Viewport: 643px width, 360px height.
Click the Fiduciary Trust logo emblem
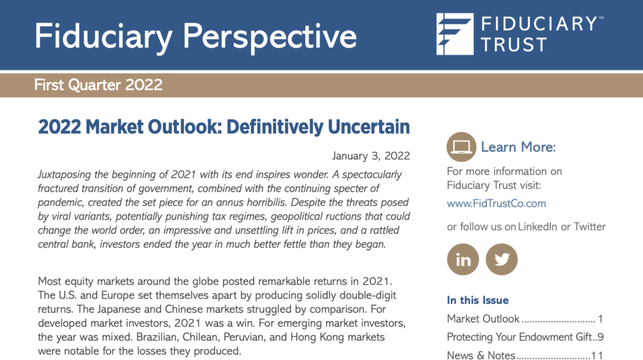tap(455, 34)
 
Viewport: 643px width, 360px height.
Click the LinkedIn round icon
tap(463, 259)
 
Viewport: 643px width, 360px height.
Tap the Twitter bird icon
tap(502, 259)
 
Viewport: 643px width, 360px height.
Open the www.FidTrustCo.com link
tap(496, 203)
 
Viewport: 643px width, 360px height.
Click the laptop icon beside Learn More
tap(461, 147)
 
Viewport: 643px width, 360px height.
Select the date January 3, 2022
tap(371, 156)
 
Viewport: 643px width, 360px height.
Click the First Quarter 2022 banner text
tap(98, 85)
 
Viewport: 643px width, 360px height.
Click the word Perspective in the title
tap(269, 37)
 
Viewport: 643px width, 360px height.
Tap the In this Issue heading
tap(478, 300)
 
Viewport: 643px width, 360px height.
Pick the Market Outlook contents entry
tap(483, 319)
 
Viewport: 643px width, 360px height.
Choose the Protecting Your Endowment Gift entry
tap(519, 337)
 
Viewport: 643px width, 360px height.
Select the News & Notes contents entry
tap(481, 355)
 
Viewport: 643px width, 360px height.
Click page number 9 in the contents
tap(601, 337)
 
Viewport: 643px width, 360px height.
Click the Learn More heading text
tap(518, 147)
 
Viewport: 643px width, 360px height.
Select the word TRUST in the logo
tap(514, 45)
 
